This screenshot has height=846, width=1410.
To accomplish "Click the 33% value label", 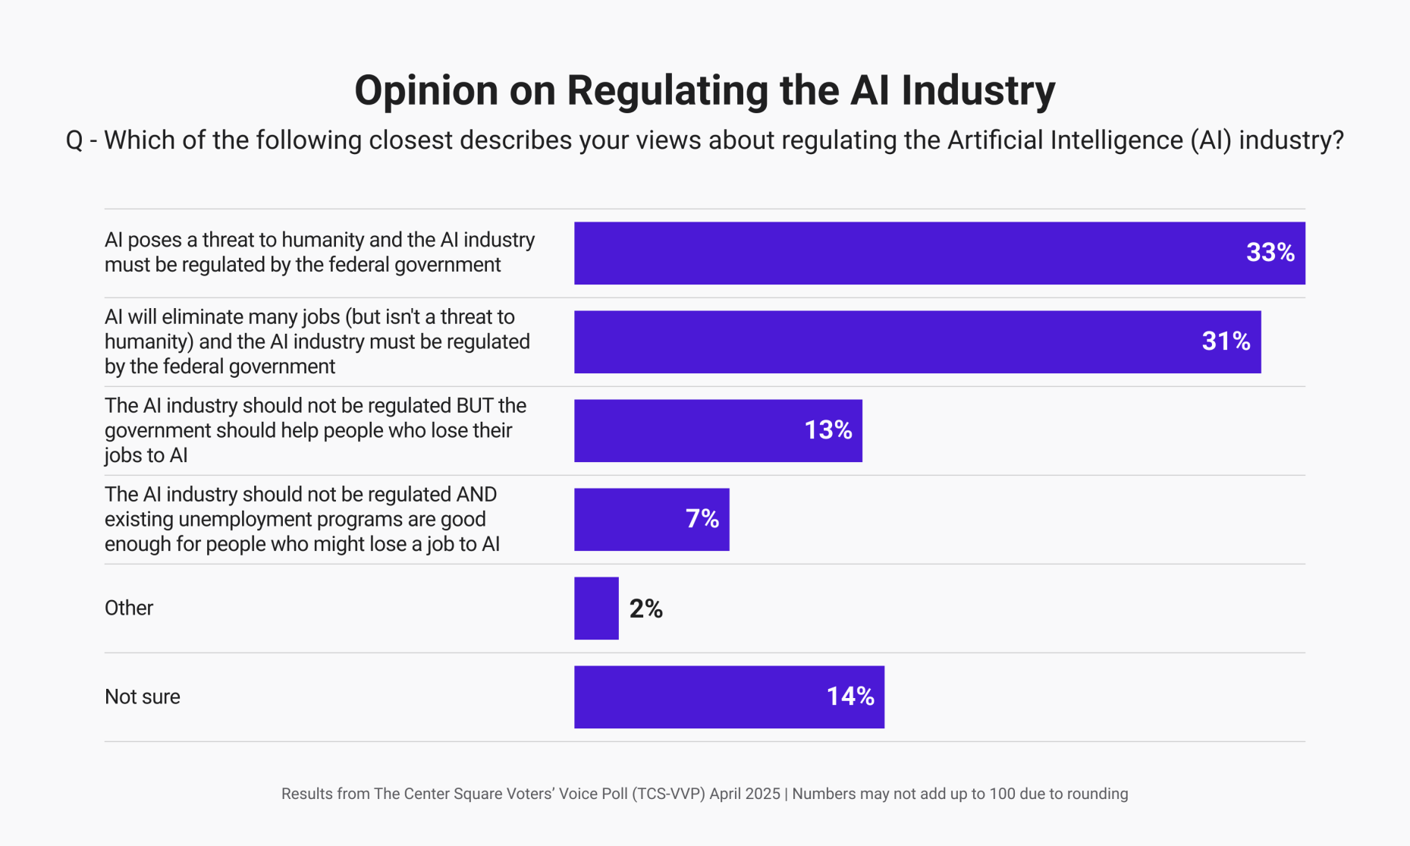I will tap(1270, 253).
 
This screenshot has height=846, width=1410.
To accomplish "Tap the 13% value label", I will tap(827, 430).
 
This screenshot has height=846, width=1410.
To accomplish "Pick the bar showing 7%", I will tap(630, 520).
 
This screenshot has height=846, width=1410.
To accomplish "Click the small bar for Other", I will tap(596, 609).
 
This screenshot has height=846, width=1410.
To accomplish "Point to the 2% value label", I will tap(645, 609).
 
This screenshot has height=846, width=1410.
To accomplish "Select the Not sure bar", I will tap(698, 697).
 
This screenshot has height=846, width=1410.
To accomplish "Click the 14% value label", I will tap(849, 697).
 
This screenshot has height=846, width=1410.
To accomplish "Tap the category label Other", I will tap(129, 608).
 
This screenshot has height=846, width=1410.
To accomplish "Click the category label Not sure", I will tap(143, 697).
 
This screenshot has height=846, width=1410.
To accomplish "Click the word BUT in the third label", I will tap(475, 406).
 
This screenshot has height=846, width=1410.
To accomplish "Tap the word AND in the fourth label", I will tap(476, 495).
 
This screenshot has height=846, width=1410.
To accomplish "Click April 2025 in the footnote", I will tap(745, 794).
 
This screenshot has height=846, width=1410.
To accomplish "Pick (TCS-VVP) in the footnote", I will tap(668, 794).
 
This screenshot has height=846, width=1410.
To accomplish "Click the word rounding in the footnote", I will tap(1097, 794).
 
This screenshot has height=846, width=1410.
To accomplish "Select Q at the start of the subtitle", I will tap(74, 141).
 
